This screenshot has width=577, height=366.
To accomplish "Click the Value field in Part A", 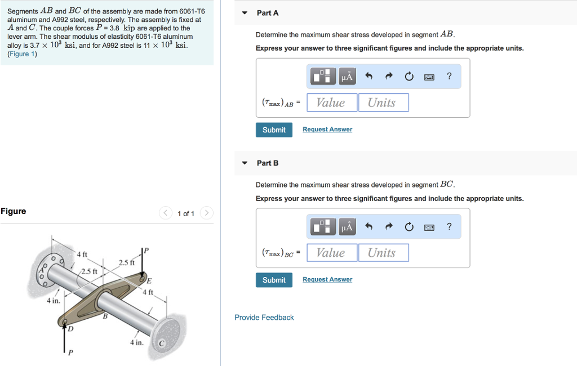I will tap(331, 102).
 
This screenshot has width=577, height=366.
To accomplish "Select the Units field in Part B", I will tap(383, 253).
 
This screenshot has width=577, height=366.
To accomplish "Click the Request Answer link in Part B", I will tap(327, 280).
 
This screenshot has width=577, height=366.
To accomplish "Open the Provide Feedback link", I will tap(264, 318).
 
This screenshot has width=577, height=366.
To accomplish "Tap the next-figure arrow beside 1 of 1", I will tap(207, 213).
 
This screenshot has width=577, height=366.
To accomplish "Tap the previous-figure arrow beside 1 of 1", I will tap(165, 213).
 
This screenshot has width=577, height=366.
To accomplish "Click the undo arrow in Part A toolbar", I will tap(369, 77).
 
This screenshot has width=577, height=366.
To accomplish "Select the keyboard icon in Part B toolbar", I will tap(429, 227).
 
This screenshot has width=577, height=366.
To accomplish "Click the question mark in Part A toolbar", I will tap(449, 77).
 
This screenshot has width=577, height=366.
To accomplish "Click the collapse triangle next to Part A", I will tap(245, 13).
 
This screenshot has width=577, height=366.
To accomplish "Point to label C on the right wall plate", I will tap(161, 343).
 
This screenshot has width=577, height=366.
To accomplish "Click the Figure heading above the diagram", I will tap(14, 211).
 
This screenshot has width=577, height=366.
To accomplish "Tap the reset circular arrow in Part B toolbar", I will tap(409, 227).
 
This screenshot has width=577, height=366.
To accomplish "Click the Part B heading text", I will tap(268, 163).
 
